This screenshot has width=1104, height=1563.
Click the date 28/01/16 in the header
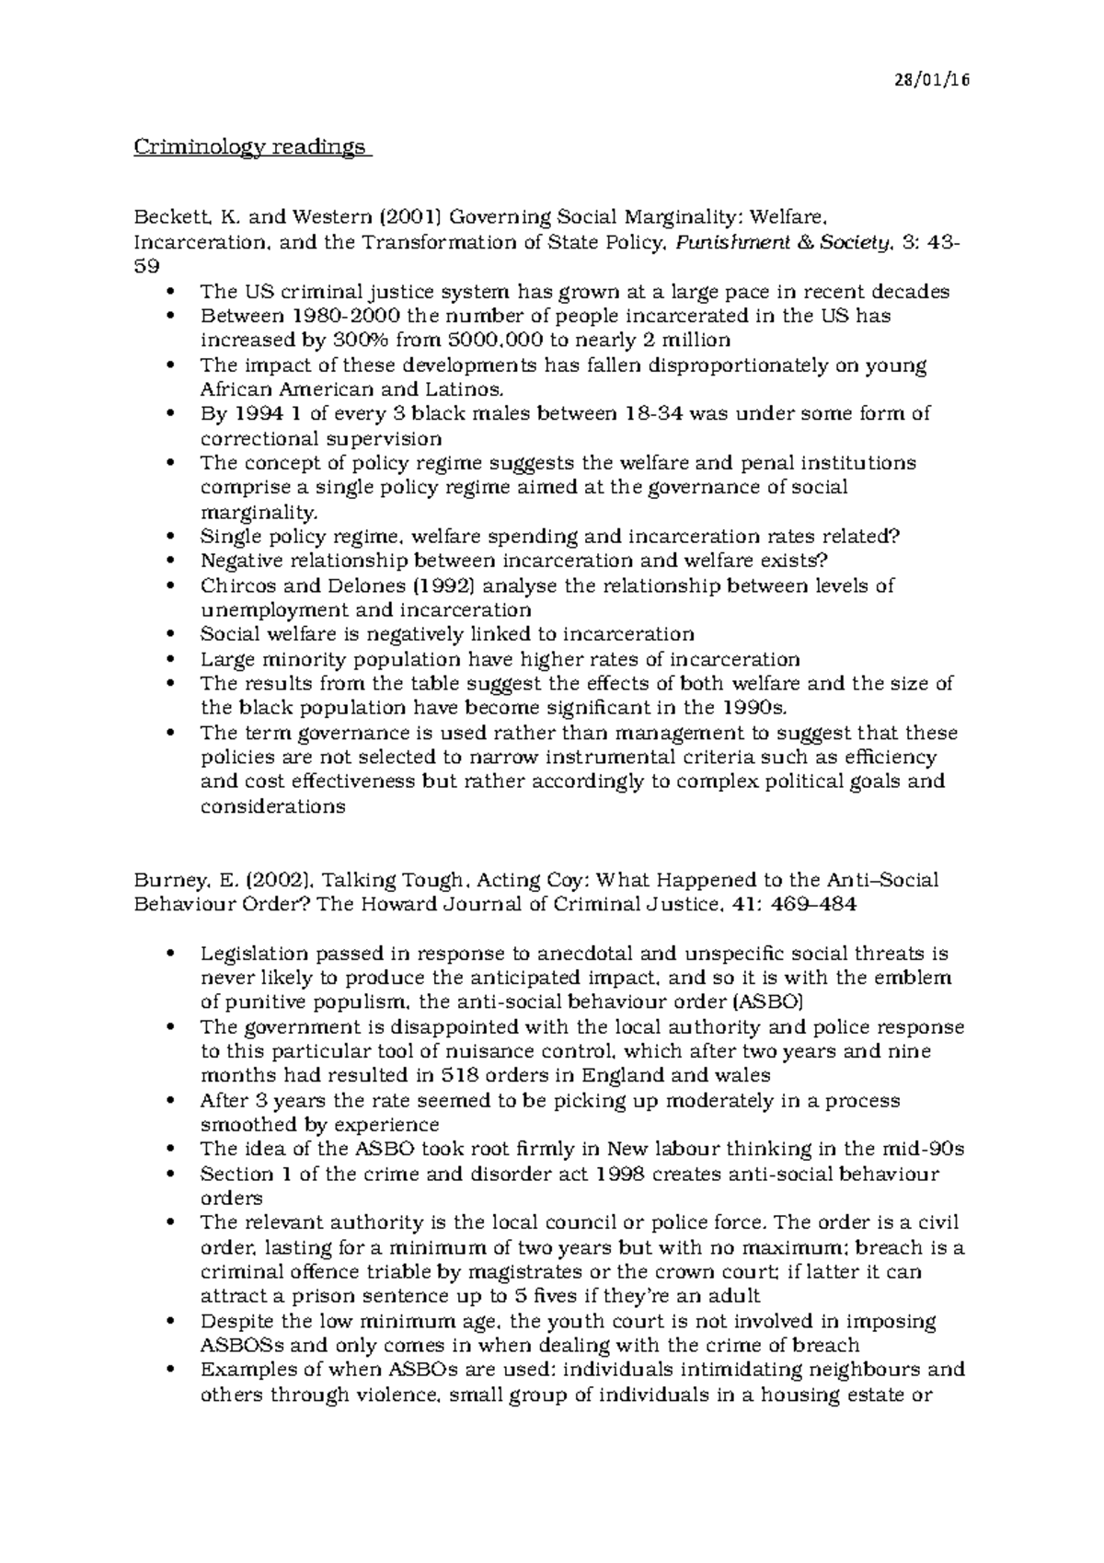[x=933, y=80]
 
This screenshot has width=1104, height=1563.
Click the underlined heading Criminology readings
[x=250, y=147]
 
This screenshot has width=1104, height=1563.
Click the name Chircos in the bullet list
[x=235, y=586]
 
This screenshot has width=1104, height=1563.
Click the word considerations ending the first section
[x=273, y=807]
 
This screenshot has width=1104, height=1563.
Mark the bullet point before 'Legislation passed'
[x=172, y=954]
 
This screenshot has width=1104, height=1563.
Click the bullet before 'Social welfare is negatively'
[x=172, y=635]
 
